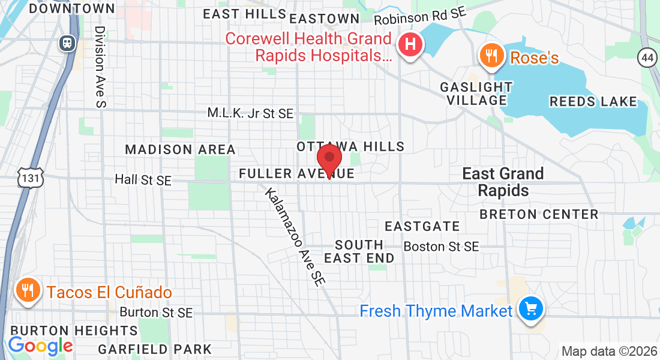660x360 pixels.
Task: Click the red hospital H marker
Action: (x=411, y=45)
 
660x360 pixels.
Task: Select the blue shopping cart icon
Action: (x=530, y=310)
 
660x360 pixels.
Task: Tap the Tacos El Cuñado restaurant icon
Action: (x=27, y=291)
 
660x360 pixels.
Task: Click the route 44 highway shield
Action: (x=647, y=58)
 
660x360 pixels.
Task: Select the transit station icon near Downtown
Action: (x=65, y=43)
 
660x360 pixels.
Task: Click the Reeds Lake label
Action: (x=593, y=101)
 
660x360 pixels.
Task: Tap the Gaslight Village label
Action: (x=476, y=94)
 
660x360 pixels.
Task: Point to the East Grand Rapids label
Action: (x=503, y=182)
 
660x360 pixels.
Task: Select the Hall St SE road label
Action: (x=143, y=179)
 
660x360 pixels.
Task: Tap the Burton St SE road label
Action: (x=156, y=313)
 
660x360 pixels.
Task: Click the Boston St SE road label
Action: (x=441, y=247)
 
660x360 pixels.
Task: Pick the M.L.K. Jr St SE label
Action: (x=250, y=113)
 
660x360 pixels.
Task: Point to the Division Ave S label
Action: (x=100, y=67)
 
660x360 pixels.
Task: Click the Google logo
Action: (x=40, y=346)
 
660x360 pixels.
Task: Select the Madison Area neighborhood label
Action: (x=180, y=149)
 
